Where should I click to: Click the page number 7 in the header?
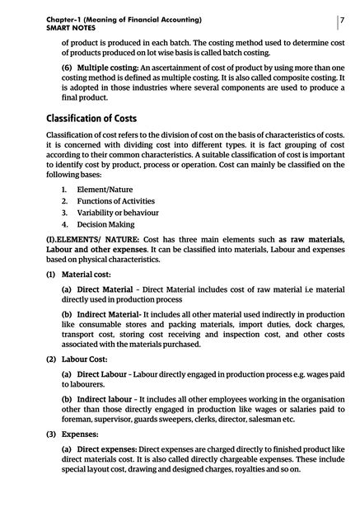pyautogui.click(x=341, y=18)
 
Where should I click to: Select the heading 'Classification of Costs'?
pyautogui.click(x=102, y=118)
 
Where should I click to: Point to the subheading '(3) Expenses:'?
pyautogui.click(x=74, y=433)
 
